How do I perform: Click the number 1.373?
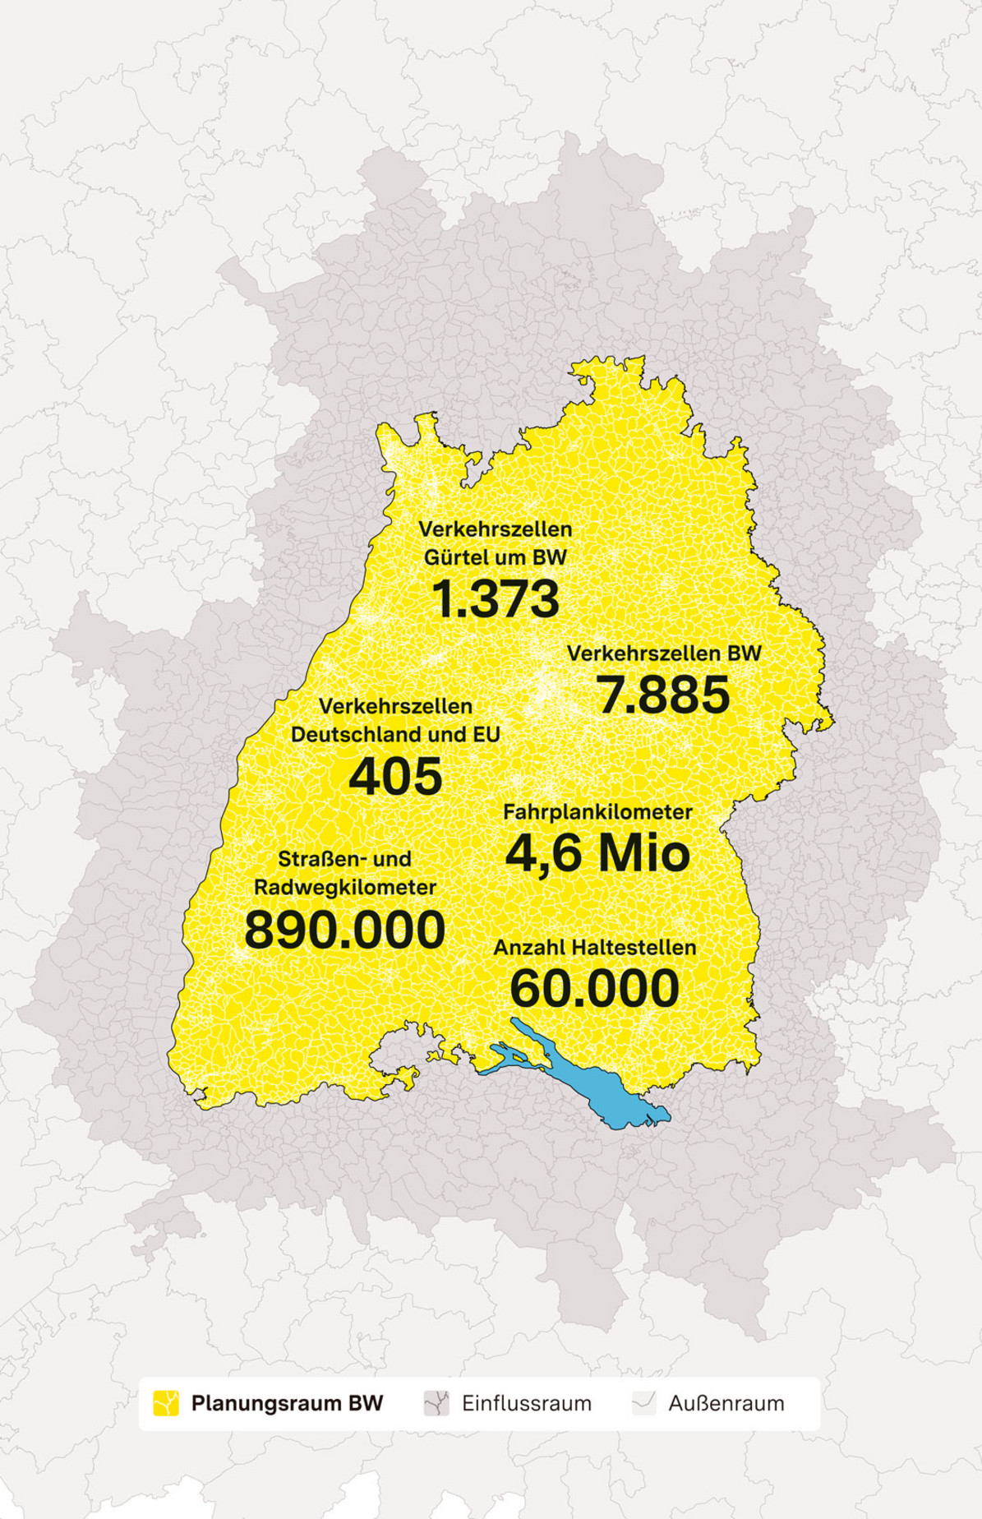496,599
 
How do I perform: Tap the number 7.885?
662,695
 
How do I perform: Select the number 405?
395,776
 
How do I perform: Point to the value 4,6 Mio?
597,853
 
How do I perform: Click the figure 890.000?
344,930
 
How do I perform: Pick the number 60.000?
594,988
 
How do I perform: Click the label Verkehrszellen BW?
664,653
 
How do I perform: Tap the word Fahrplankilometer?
597,811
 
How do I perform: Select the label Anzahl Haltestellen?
594,947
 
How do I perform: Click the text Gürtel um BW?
496,557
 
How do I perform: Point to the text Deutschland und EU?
395,734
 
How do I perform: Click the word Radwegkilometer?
344,887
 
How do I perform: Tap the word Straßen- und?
344,859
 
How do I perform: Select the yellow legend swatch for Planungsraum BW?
166,1403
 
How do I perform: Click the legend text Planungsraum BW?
287,1403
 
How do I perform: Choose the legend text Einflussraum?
526,1403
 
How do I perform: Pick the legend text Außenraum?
726,1403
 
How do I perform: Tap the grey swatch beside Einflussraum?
436,1403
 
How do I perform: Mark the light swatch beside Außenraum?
643,1403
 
